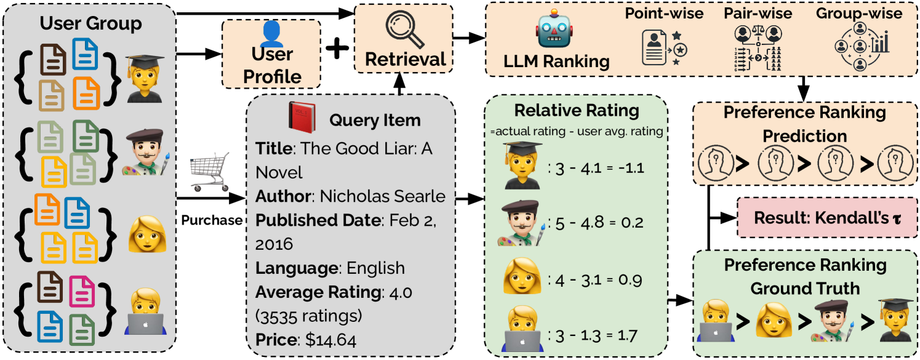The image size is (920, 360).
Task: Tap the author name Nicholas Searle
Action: [x=382, y=196]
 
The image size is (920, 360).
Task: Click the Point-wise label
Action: [x=664, y=13]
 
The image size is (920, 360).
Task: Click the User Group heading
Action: [x=90, y=24]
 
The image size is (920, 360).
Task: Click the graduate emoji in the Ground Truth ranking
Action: [x=894, y=319]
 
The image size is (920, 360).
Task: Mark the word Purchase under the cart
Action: [x=211, y=220]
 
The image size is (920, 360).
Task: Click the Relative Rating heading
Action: [x=577, y=111]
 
